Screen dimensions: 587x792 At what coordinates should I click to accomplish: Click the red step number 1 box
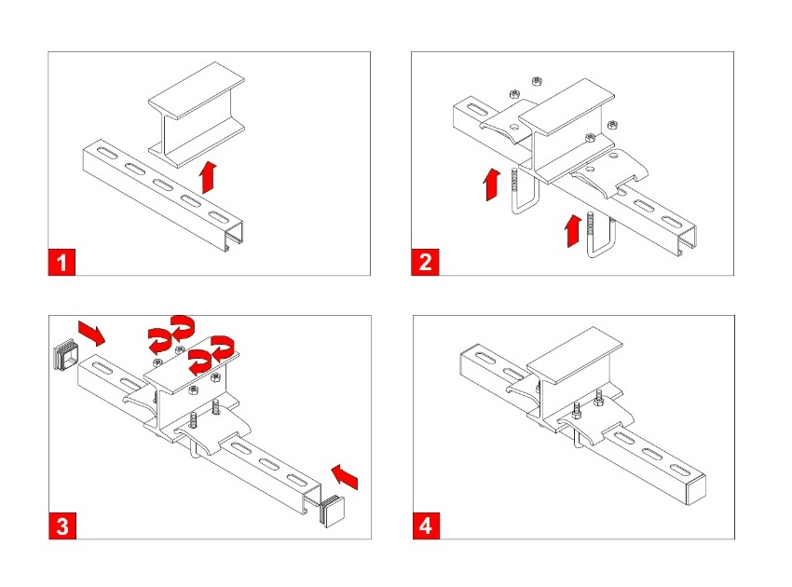pyautogui.click(x=61, y=263)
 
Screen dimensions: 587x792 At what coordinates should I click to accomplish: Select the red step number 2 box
pyautogui.click(x=425, y=263)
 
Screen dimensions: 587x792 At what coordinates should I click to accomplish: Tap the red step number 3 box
pyautogui.click(x=61, y=526)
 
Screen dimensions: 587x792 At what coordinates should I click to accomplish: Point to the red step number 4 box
pyautogui.click(x=425, y=526)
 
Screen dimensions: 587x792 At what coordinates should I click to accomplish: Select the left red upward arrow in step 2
pyautogui.click(x=489, y=183)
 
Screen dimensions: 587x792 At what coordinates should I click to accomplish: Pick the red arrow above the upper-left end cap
pyautogui.click(x=93, y=329)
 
